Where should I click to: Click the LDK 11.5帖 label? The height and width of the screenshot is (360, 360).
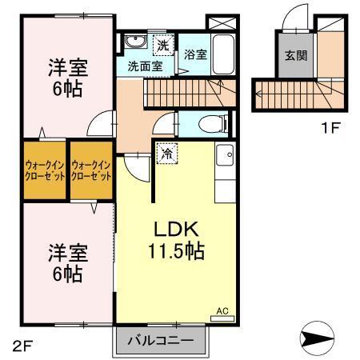click(x=173, y=239)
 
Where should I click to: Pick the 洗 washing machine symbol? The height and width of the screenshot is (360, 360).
click(x=162, y=45)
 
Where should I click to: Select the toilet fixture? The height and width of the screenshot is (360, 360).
click(x=212, y=123)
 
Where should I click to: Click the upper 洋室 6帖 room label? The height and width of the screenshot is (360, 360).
click(x=67, y=76)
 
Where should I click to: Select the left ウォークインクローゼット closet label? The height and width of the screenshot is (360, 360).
click(x=43, y=171)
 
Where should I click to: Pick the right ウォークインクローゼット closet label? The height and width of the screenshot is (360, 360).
click(x=90, y=171)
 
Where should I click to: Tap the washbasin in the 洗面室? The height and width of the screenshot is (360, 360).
click(x=134, y=43)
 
